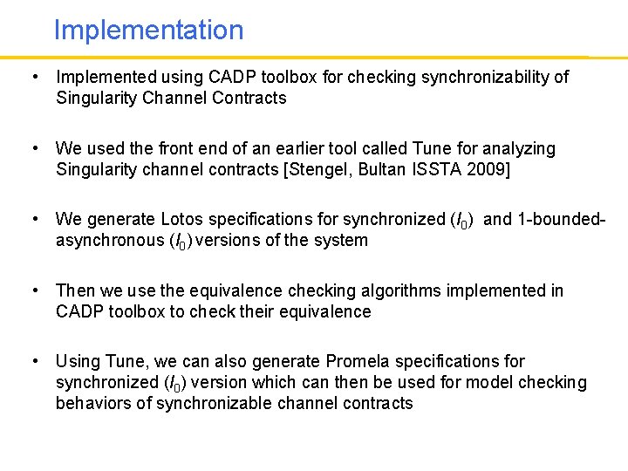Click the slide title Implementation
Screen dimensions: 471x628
pos(148,31)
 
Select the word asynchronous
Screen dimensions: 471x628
pos(107,240)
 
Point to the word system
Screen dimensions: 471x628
pos(341,240)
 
